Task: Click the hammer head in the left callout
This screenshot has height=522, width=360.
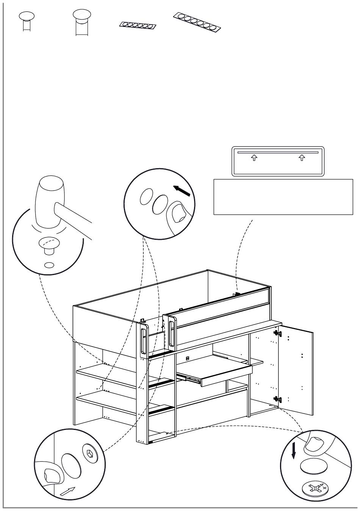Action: [x=49, y=201]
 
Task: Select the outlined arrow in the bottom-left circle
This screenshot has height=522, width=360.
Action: [x=67, y=491]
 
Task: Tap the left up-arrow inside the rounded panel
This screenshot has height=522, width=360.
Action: [x=254, y=158]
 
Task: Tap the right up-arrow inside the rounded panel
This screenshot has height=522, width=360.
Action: [x=302, y=158]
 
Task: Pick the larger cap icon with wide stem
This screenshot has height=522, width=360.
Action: [x=81, y=21]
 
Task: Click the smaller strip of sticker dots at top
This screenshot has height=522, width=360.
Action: [x=138, y=26]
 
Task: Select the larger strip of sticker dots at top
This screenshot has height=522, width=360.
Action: [x=197, y=21]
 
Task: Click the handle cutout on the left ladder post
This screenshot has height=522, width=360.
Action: [x=143, y=341]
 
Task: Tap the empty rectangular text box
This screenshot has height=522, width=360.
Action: [x=283, y=197]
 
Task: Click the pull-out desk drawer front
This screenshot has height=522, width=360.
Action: [x=226, y=376]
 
